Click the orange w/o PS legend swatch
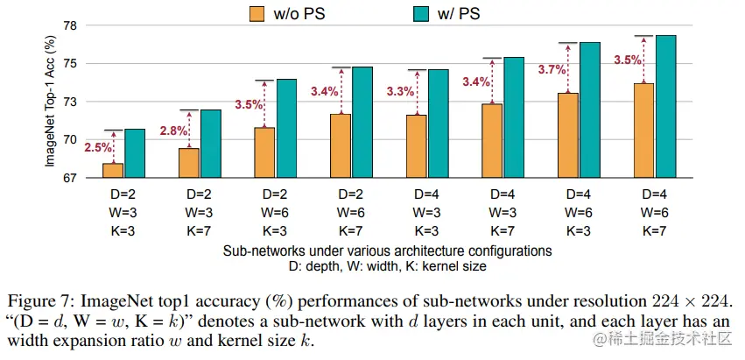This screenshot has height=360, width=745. point(257,13)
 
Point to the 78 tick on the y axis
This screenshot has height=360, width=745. point(69,26)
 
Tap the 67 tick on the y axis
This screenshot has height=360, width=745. point(69,179)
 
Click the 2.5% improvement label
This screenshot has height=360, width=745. point(98,148)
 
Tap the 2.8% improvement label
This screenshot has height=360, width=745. point(173,131)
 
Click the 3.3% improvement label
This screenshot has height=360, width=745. point(398,91)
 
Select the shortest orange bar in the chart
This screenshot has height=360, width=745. point(113,170)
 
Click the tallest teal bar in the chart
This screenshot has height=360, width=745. point(667,106)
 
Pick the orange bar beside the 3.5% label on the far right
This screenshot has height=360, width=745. point(644,131)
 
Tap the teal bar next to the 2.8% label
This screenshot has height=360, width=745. point(211,144)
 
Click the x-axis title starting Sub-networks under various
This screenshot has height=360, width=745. point(386,250)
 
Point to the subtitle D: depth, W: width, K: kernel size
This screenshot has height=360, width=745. point(386,265)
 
